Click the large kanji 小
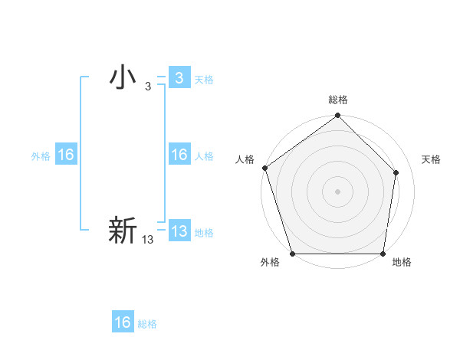(x=123, y=77)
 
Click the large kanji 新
(x=123, y=231)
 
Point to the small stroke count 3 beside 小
(x=147, y=87)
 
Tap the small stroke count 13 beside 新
(x=148, y=240)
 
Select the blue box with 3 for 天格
(x=179, y=77)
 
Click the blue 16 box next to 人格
(x=179, y=155)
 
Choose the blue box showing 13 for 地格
(x=179, y=231)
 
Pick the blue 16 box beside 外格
(x=66, y=155)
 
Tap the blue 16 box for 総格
(x=123, y=322)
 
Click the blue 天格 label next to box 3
(x=204, y=80)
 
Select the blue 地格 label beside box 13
(x=204, y=233)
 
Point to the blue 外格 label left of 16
(x=41, y=156)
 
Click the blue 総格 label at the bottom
(x=147, y=324)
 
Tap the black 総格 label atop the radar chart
(x=337, y=100)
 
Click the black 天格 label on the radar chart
(x=432, y=159)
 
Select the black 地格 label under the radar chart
(x=402, y=263)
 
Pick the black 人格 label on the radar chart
(x=245, y=159)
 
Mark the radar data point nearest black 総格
(x=337, y=116)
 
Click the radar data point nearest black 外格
(x=292, y=254)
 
